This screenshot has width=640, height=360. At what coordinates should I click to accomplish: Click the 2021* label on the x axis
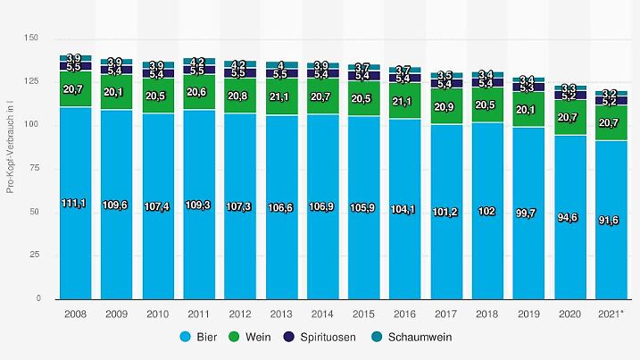tap(611, 314)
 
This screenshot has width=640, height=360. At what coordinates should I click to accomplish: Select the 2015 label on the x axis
tap(363, 314)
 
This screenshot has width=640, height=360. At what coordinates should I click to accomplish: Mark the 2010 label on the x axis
tap(158, 314)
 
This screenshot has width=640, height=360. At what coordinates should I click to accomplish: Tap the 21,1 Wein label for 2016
tap(404, 101)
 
